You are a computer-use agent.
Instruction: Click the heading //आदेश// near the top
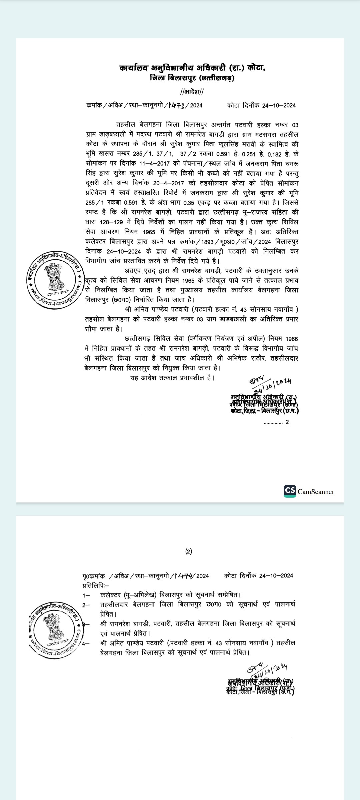coord(192,92)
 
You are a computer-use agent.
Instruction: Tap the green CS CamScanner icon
coord(290,491)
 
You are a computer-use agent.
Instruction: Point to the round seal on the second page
coord(56,629)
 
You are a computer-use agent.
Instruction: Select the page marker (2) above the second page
coord(189,551)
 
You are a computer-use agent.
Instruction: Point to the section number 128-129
coord(111,222)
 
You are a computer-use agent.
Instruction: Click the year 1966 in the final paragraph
coord(292,339)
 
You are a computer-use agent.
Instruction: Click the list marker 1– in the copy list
coord(86,595)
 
